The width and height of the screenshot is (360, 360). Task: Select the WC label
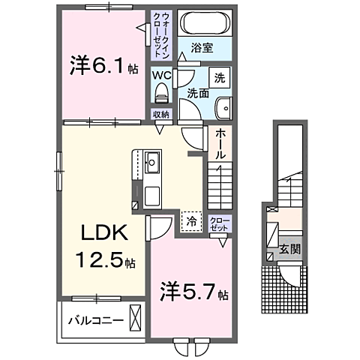(161, 75)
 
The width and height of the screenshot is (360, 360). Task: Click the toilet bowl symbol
(161, 93)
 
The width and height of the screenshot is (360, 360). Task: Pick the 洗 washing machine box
(220, 77)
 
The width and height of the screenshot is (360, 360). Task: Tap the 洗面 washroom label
(197, 94)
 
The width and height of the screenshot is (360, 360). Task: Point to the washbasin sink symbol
(223, 108)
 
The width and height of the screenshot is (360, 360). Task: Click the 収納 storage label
(161, 114)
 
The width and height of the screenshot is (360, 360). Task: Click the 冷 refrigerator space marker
(192, 221)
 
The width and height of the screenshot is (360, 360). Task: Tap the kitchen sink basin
(151, 160)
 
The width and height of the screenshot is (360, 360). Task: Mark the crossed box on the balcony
(135, 318)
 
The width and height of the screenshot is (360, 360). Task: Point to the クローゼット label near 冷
(219, 223)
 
